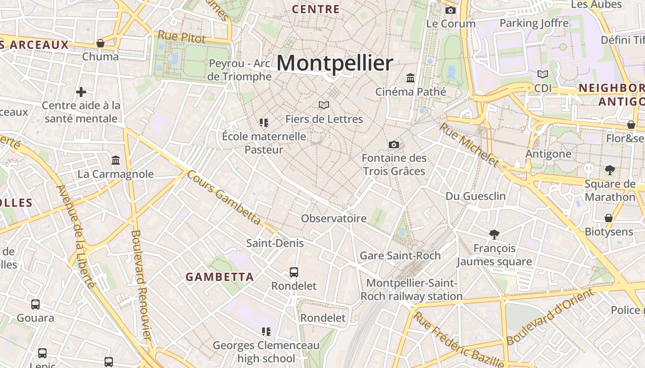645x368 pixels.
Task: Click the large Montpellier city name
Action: pyautogui.click(x=335, y=63)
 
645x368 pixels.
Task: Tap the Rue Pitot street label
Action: pyautogui.click(x=182, y=37)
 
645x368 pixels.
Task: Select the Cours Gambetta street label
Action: pyautogui.click(x=224, y=199)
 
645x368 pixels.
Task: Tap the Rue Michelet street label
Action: pyautogui.click(x=469, y=144)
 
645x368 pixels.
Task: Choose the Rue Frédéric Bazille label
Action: pyautogui.click(x=458, y=339)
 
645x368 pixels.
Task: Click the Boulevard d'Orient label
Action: pyautogui.click(x=550, y=317)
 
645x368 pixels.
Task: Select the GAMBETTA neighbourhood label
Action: pyautogui.click(x=220, y=277)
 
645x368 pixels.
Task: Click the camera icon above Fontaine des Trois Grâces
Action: pyautogui.click(x=393, y=145)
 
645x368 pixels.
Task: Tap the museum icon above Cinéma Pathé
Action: pyautogui.click(x=410, y=78)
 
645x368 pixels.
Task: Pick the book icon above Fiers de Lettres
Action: pyautogui.click(x=324, y=105)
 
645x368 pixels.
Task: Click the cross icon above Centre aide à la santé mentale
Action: pyautogui.click(x=81, y=92)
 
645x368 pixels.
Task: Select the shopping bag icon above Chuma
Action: pyautogui.click(x=100, y=43)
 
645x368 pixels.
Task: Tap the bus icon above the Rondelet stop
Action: pyautogui.click(x=294, y=272)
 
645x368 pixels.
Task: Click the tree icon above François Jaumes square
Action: pyautogui.click(x=494, y=235)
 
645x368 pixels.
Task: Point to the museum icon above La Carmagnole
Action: pyautogui.click(x=116, y=160)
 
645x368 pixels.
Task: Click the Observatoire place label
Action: pyautogui.click(x=334, y=218)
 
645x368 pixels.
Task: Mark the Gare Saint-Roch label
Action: pyautogui.click(x=400, y=255)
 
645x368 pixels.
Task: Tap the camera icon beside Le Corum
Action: pyautogui.click(x=450, y=10)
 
